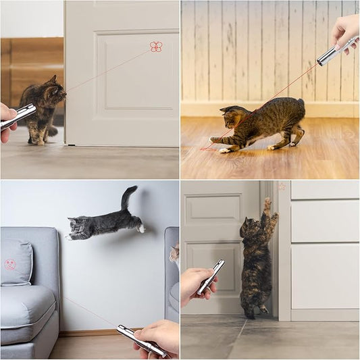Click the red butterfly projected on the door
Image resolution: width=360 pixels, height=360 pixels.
pos(156,47)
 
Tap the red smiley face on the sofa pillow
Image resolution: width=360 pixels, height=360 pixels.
pos(10,265)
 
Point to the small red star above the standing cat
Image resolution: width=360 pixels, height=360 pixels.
pos(282,186)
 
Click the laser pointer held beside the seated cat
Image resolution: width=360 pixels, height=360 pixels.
pos(18,116)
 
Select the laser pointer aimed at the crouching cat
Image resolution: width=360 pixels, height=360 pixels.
pos(336,51)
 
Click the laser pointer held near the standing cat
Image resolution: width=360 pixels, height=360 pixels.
pos(211,276)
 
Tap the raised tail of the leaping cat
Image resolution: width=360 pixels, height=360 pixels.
pos(127,197)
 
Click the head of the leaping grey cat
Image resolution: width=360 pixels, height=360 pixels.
pos(79,228)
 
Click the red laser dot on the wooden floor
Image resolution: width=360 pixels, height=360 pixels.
pos(205,148)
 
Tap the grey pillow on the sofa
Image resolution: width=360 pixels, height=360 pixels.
pos(16,262)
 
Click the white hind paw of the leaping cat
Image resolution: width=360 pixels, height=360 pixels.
pos(141,228)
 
